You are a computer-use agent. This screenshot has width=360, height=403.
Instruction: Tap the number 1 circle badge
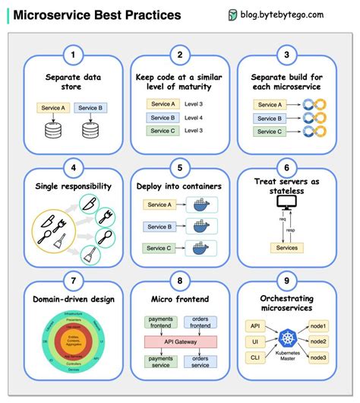click(73, 54)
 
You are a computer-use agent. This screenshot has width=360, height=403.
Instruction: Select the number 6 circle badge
click(286, 168)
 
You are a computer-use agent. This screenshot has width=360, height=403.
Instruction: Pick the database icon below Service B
click(93, 130)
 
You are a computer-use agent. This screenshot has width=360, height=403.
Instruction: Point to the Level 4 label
click(194, 117)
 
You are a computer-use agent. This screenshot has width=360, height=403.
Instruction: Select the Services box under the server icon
click(286, 248)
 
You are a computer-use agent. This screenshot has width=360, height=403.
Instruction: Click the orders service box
click(200, 362)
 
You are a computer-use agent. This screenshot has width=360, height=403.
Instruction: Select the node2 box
click(319, 342)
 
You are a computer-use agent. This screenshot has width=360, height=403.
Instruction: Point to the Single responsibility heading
click(73, 186)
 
